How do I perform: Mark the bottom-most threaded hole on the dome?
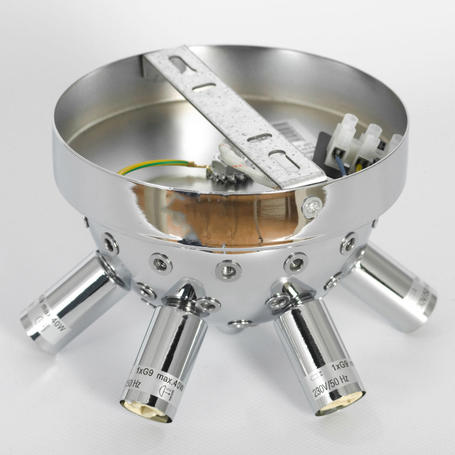(239, 323)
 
